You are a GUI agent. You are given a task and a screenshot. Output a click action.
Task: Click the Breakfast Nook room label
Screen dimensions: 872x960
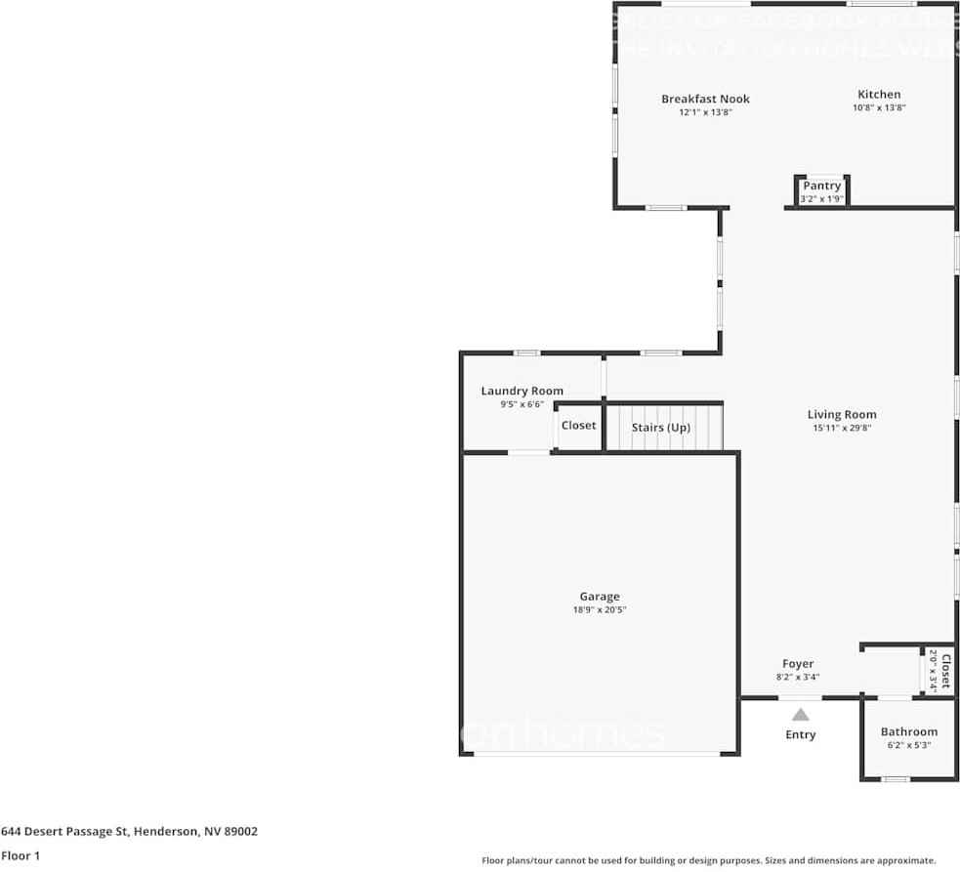[x=705, y=99]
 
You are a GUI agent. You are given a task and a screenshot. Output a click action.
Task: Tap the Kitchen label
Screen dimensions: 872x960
[x=879, y=95]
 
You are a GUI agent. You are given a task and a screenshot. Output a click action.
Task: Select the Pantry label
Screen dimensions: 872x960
[x=821, y=186]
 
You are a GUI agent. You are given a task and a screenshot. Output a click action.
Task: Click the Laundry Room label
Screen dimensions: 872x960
[x=522, y=391]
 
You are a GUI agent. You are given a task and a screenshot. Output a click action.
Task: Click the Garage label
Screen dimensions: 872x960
[x=600, y=597]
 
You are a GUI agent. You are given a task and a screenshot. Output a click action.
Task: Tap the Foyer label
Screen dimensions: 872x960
[x=798, y=664]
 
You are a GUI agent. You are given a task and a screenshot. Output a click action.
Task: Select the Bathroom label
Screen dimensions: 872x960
[x=908, y=731]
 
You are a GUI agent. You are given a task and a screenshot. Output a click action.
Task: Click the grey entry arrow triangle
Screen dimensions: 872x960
[x=800, y=715]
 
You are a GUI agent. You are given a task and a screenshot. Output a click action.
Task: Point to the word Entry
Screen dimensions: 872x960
[x=800, y=734]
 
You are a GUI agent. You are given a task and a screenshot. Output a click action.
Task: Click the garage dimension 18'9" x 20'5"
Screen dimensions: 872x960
[x=600, y=610]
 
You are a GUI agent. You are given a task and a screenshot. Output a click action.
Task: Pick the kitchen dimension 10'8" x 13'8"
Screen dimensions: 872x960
[x=879, y=108]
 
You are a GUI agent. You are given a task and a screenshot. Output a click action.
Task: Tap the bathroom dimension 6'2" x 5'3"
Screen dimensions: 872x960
[x=908, y=745]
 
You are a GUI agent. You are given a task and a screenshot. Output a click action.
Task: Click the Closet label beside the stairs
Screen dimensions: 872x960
[x=578, y=426]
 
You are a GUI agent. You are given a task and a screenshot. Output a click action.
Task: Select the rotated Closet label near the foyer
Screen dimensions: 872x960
[x=944, y=671]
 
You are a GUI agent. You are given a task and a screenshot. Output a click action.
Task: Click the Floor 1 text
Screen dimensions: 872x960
[x=21, y=855]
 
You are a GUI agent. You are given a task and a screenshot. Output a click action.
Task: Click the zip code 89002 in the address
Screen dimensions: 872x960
[x=241, y=832]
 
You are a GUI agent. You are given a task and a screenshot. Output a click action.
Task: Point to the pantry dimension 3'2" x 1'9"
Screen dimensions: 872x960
[x=821, y=199]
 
